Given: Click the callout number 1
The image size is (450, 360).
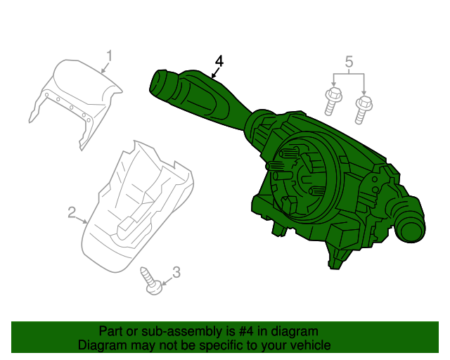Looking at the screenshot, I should tap(110, 55).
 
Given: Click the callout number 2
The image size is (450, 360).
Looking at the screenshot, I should tap(72, 211).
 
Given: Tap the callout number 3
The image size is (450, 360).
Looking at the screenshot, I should tap(176, 271).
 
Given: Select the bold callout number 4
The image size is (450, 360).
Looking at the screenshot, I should tap(219, 61).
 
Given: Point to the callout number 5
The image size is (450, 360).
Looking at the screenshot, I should tap(349, 62).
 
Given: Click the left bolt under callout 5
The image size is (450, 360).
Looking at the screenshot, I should tap(331, 101).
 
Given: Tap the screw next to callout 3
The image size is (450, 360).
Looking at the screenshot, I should tap(152, 280).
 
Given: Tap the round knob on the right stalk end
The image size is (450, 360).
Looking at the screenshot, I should tap(409, 227).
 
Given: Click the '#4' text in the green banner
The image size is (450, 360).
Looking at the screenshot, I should tap(250, 331).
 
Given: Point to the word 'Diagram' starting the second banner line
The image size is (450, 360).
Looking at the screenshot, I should tap(101, 345).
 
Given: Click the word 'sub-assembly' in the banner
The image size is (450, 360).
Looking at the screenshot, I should tap(176, 331).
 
